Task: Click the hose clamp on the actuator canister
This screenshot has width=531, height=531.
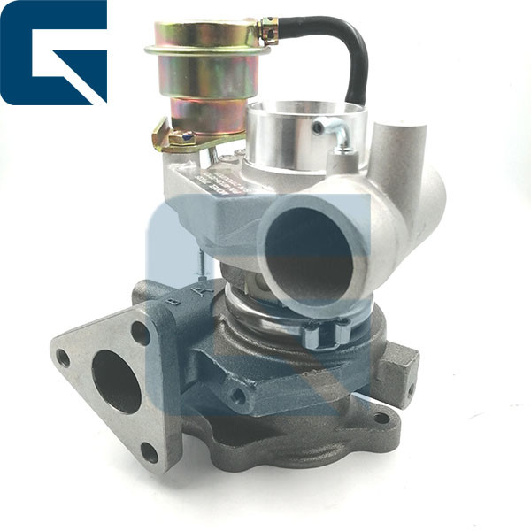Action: click(x=267, y=34)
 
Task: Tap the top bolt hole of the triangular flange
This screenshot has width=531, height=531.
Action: click(x=140, y=334)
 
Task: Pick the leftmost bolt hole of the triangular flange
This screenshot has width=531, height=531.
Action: click(x=63, y=358)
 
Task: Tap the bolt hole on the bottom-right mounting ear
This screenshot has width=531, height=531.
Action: click(x=381, y=418)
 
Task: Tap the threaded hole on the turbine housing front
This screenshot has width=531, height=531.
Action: click(x=237, y=396)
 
